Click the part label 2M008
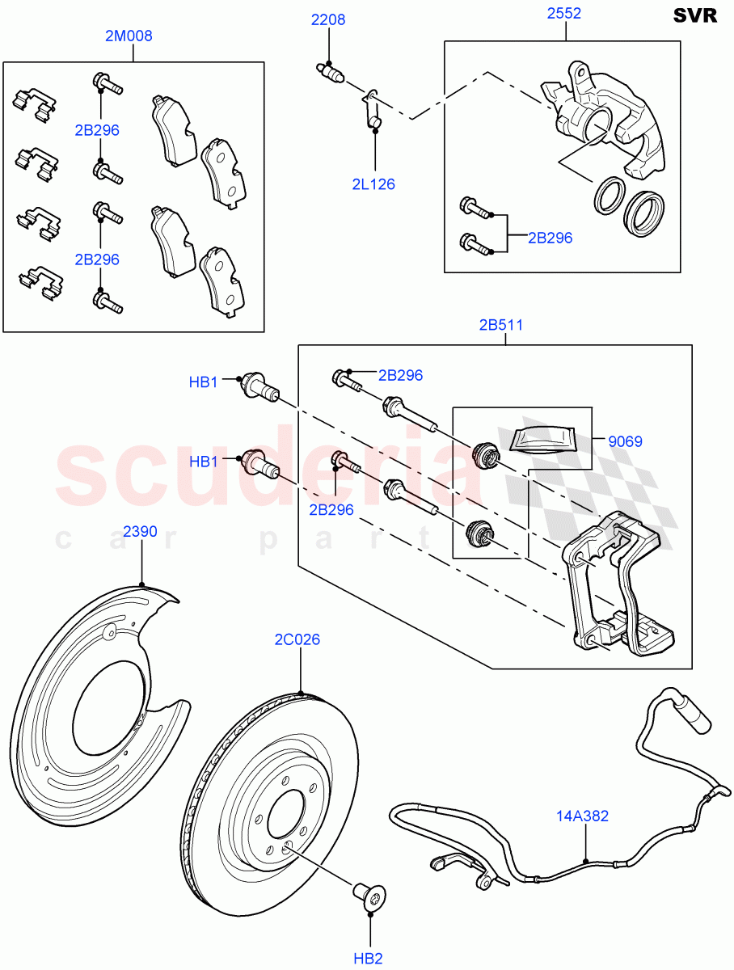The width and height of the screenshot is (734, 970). (x=129, y=36)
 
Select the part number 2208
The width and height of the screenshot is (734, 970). (x=329, y=19)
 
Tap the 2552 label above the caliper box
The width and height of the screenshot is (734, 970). (x=563, y=14)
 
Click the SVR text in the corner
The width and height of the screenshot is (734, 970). (x=694, y=16)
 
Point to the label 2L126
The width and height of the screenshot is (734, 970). (x=373, y=184)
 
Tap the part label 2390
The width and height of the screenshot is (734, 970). (x=140, y=532)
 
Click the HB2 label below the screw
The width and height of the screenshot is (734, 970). (x=368, y=959)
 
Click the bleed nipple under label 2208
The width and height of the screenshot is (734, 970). (x=330, y=73)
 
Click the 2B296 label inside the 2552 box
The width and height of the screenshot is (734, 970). (x=550, y=238)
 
